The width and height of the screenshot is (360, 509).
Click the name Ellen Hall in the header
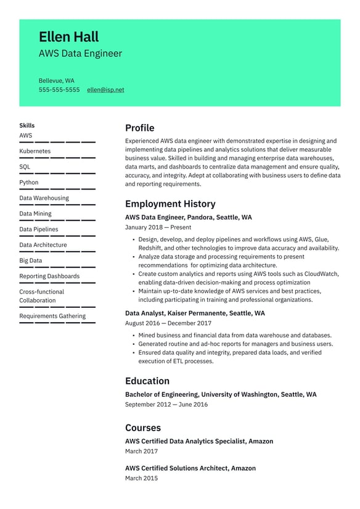click(68, 37)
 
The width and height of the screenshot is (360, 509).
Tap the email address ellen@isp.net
click(105, 89)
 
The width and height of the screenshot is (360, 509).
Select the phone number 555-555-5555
click(59, 89)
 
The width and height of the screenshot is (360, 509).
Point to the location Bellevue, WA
click(57, 81)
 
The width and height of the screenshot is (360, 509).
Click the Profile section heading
click(139, 128)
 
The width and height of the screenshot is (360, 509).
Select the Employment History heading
click(170, 204)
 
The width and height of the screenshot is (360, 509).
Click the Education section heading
click(147, 381)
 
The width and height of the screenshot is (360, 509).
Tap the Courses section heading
click(142, 428)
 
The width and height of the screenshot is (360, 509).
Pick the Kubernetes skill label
click(35, 151)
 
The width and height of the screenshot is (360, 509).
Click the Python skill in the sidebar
click(28, 183)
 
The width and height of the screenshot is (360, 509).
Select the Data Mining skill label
click(35, 214)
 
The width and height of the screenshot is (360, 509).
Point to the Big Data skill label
click(31, 261)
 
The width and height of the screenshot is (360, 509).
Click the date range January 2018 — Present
click(158, 228)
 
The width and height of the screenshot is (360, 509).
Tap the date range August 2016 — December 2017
click(168, 323)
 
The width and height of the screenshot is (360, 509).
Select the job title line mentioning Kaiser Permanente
click(195, 313)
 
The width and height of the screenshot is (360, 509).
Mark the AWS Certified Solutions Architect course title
click(190, 468)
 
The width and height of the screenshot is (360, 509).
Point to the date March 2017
click(141, 452)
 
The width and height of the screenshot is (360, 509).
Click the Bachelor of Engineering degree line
click(221, 395)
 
